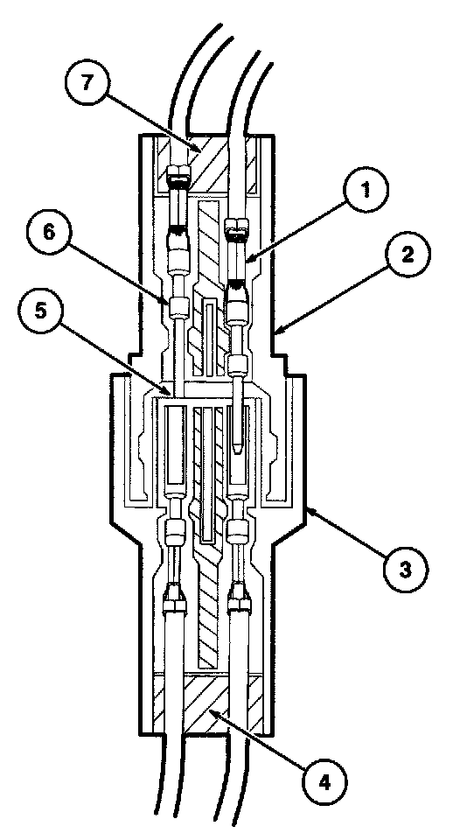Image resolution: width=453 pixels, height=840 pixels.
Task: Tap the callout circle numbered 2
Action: click(408, 255)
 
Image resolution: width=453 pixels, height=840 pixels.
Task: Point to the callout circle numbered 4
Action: click(324, 783)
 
